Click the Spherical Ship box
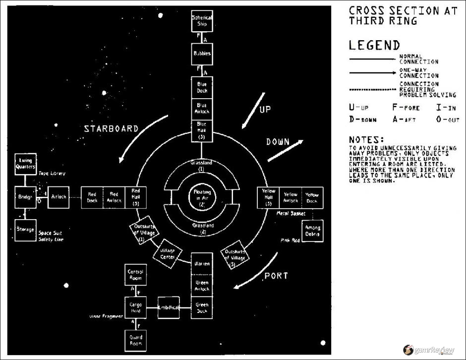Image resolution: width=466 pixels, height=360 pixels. point(202,21)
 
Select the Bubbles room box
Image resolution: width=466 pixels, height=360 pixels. point(202,54)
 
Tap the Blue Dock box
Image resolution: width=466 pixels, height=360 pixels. point(202,88)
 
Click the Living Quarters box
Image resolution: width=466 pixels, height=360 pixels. point(25,164)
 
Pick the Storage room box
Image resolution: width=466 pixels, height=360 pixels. point(25,230)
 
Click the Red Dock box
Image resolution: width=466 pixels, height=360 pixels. point(92,197)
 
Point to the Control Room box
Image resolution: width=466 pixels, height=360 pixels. point(135,275)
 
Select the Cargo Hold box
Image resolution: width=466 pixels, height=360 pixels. point(135,307)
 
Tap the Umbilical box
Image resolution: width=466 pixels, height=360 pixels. point(168,307)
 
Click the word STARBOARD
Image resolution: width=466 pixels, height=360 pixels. point(111,128)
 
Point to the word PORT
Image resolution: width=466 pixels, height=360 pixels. point(276,276)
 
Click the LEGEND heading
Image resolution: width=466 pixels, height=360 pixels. point(374,45)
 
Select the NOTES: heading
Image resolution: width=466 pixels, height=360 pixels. point(367,140)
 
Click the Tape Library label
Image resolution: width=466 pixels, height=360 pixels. point(52,174)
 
